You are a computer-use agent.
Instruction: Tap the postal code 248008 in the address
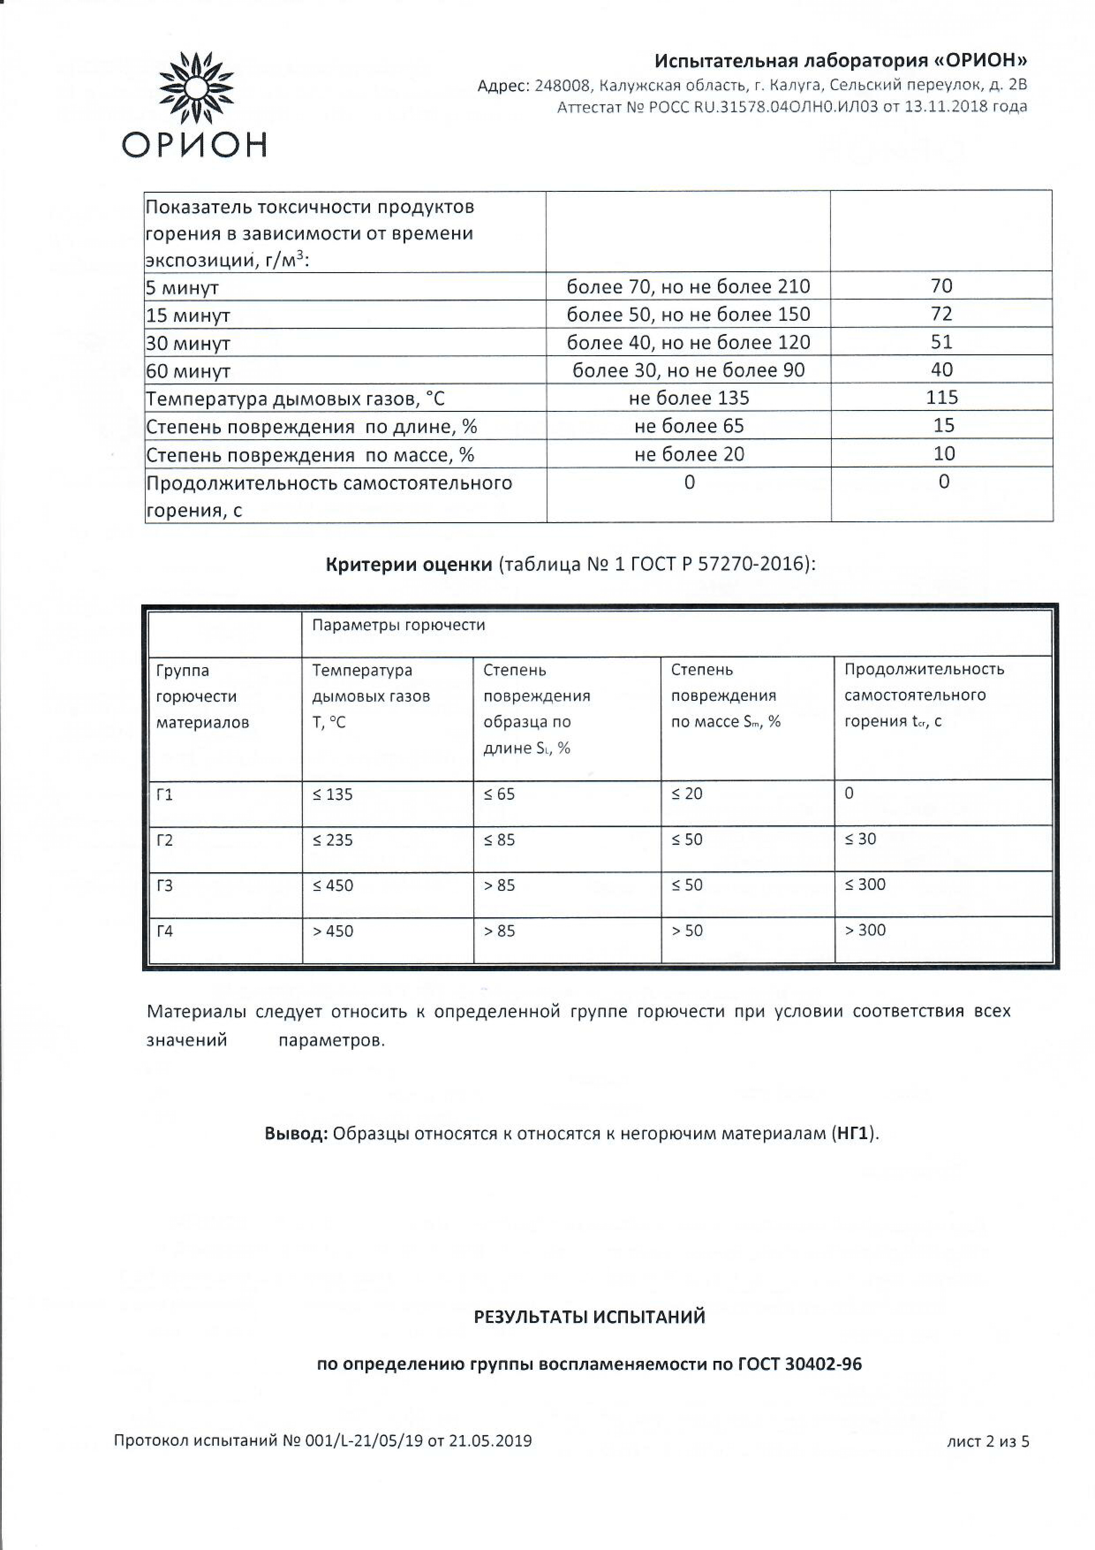563,86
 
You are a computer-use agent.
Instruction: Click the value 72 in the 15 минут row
941,314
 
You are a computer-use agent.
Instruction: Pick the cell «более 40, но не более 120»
688,342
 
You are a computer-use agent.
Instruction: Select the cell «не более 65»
689,426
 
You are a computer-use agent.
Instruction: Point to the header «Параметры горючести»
398,625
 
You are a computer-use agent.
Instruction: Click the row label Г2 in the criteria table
165,840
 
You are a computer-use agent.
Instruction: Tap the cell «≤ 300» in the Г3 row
865,885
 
